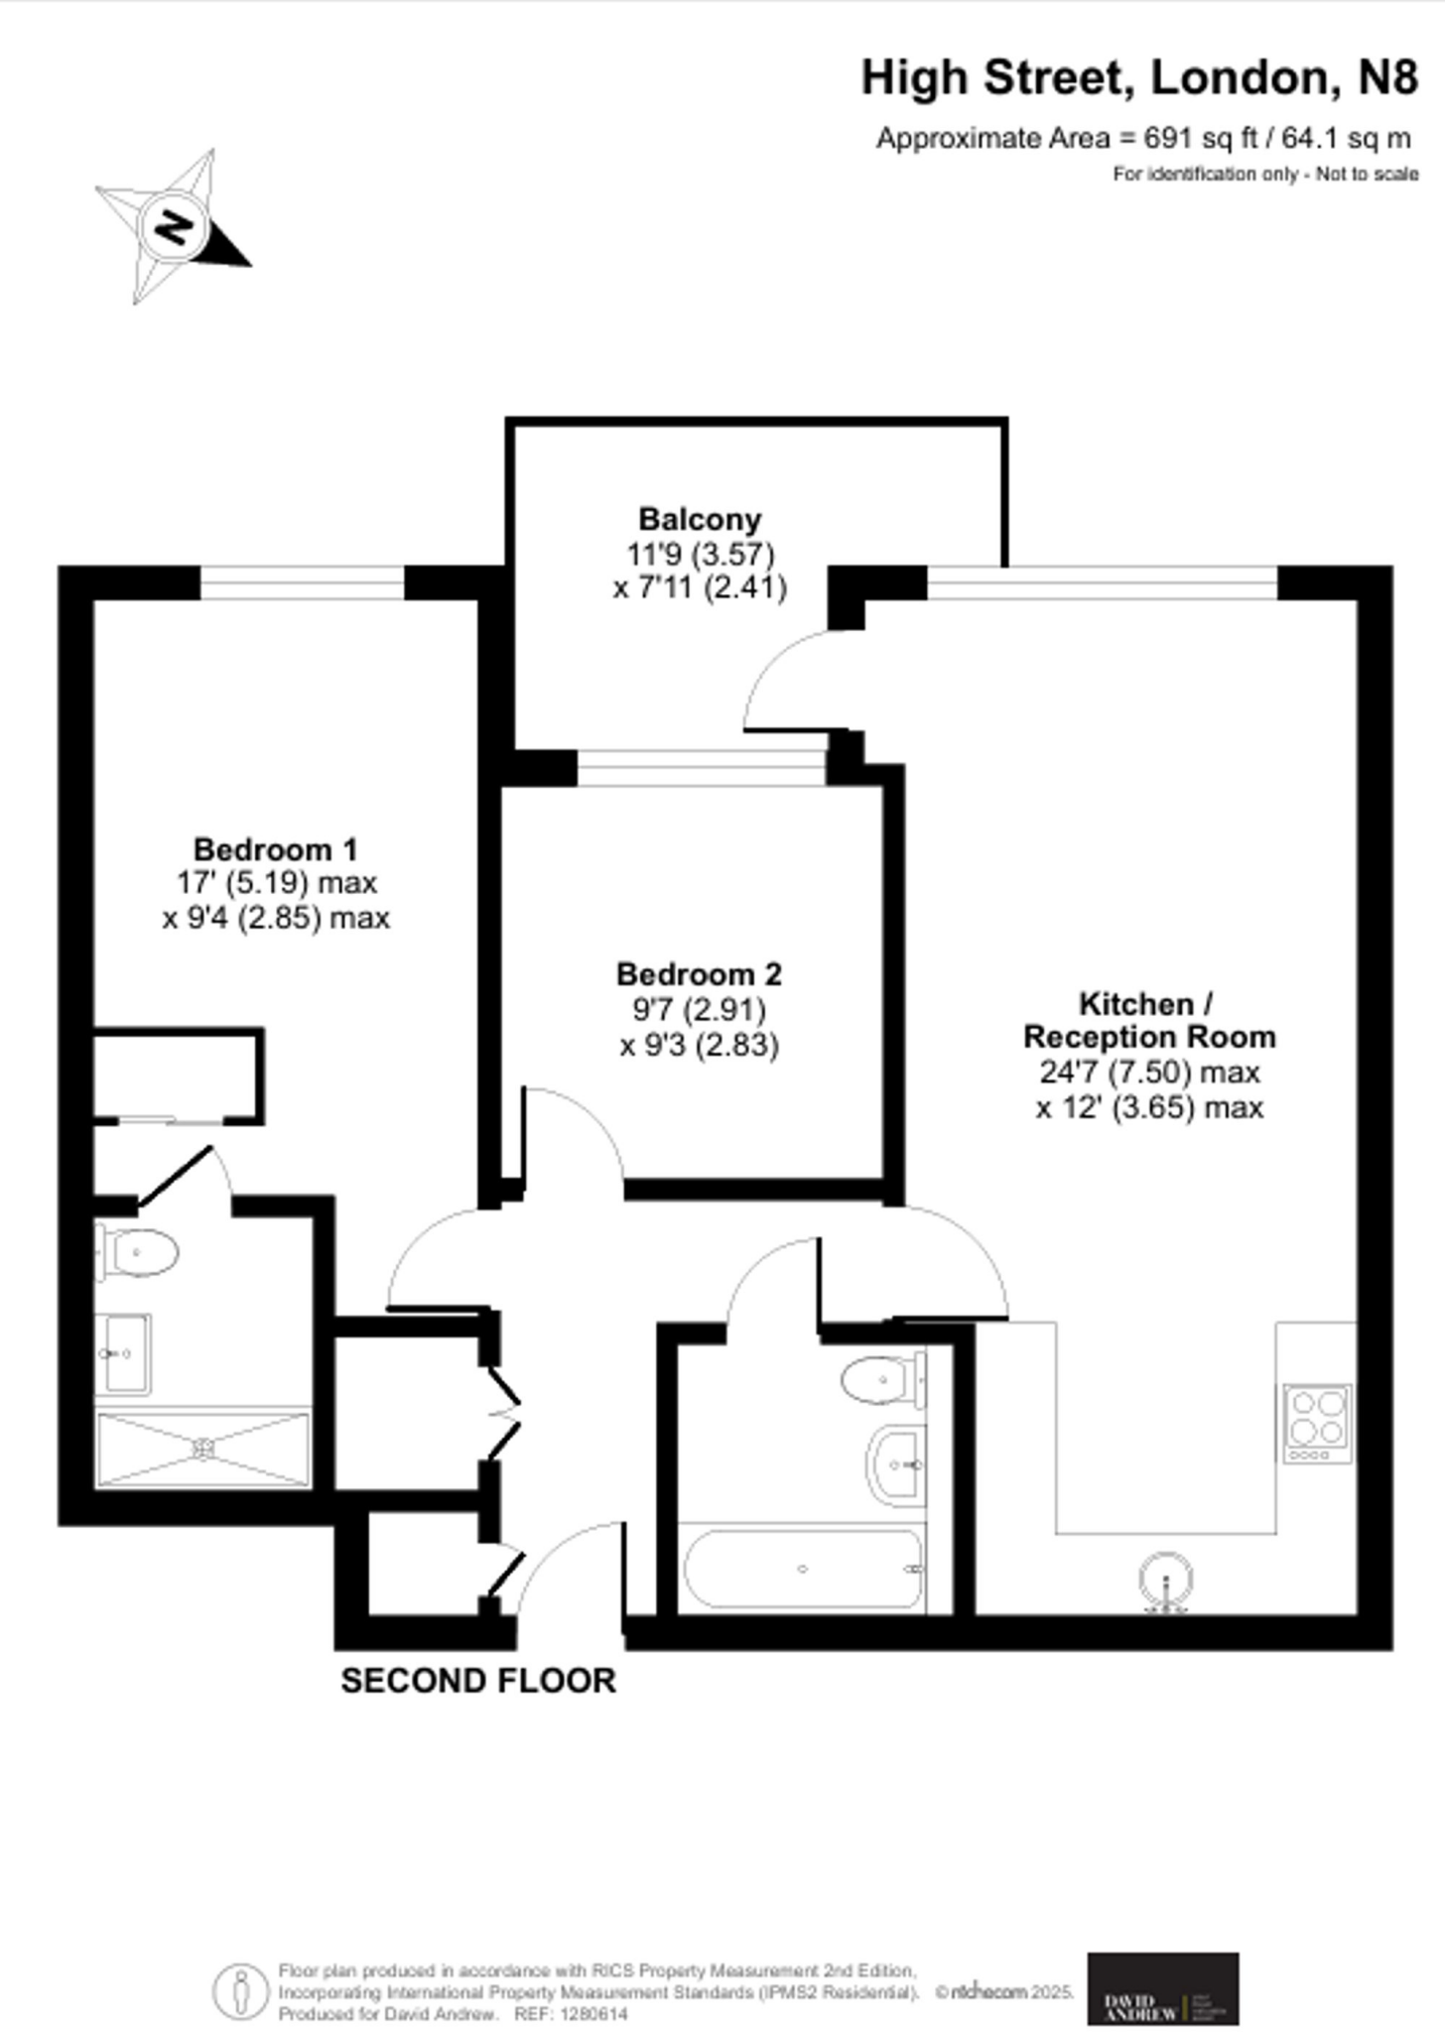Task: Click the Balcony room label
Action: (700, 519)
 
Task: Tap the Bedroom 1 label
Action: (275, 849)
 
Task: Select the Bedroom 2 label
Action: (699, 974)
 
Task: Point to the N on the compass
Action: (175, 228)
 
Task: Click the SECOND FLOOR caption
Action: (478, 1681)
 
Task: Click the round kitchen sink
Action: (1165, 1576)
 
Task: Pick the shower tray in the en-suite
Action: (203, 1450)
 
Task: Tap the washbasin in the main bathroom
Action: (896, 1463)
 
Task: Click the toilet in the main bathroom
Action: (879, 1380)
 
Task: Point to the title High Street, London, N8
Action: (1139, 77)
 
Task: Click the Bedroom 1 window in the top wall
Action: (302, 583)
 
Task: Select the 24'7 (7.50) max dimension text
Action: (1149, 1073)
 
